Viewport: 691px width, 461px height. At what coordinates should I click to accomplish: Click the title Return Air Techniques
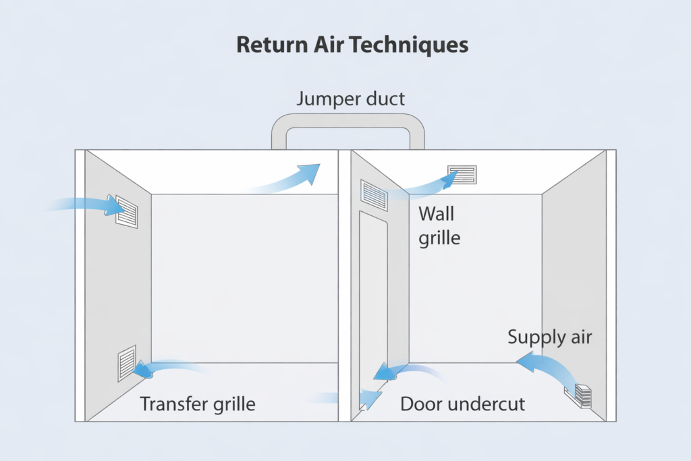pos(352,45)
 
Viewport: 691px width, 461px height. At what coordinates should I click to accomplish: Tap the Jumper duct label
pos(350,99)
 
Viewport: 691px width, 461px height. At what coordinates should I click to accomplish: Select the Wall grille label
pos(439,225)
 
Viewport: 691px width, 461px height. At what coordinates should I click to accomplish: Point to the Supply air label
pos(549,336)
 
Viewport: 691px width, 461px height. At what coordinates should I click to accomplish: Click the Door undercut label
pos(462,404)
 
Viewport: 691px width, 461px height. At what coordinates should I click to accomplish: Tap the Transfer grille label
pos(198,404)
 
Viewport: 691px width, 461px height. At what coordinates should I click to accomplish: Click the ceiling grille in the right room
pos(462,174)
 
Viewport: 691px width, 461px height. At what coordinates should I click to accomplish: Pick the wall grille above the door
pos(375,196)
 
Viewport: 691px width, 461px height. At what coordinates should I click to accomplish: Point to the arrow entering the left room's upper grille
pos(81,203)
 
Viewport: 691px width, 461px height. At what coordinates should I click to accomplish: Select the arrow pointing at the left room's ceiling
pos(290,178)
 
